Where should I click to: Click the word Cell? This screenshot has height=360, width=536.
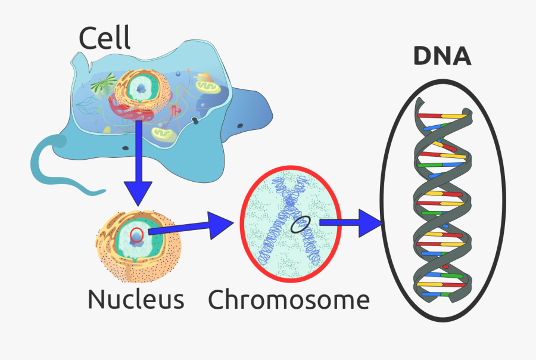tap(104, 39)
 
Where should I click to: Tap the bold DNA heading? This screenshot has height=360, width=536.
tap(442, 57)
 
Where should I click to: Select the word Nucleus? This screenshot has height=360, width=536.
tap(135, 299)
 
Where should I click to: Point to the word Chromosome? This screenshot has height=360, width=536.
tap(288, 299)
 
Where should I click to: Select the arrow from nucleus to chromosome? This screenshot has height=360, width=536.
tap(191, 227)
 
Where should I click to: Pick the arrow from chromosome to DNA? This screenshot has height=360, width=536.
tap(351, 223)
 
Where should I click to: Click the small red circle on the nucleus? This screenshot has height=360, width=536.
tap(137, 233)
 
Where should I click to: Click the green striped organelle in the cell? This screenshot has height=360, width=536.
tap(103, 85)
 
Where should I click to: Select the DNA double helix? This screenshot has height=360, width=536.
tap(441, 200)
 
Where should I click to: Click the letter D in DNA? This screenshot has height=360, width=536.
tap(423, 57)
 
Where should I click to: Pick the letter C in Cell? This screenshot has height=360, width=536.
tap(89, 39)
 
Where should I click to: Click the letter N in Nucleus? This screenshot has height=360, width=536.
tap(96, 299)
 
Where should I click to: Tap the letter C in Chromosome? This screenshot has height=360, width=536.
tap(217, 299)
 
